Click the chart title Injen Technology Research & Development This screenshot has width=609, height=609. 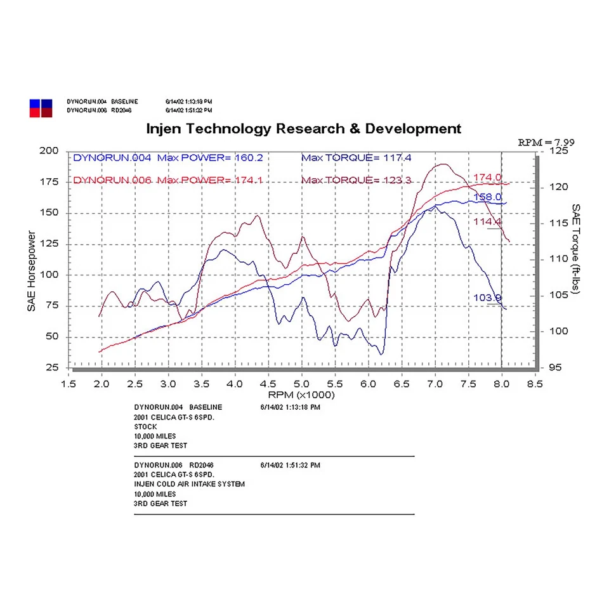click(x=304, y=129)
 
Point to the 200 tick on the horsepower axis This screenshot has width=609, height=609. click(x=49, y=151)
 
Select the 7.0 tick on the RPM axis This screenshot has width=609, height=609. click(x=435, y=384)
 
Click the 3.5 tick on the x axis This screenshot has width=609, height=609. click(x=202, y=384)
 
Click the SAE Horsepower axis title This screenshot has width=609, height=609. click(x=31, y=271)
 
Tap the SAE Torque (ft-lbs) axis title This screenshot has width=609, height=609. click(x=576, y=249)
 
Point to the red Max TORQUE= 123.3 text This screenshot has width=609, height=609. click(x=357, y=180)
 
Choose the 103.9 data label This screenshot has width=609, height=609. click(x=487, y=298)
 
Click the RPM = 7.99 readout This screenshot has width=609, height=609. click(x=546, y=142)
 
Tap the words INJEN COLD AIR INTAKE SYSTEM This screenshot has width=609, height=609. click(x=189, y=484)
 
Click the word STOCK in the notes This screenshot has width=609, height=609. click(x=145, y=427)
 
